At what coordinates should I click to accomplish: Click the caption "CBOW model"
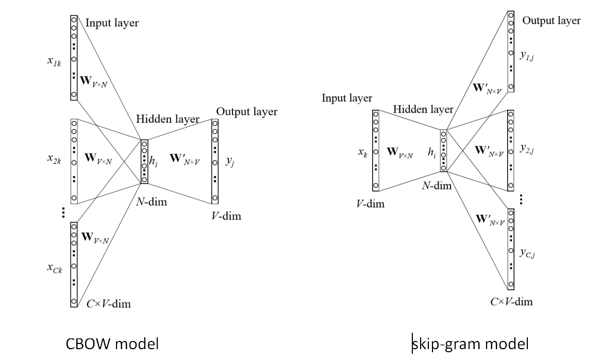[112, 344]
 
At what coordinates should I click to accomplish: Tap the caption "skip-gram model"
[470, 344]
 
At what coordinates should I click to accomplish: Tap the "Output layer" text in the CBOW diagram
[246, 112]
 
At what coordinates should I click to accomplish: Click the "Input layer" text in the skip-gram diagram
[347, 98]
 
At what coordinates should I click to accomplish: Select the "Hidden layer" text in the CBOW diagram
[168, 119]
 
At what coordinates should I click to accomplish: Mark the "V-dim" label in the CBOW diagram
[226, 216]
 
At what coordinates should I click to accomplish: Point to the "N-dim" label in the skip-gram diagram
[437, 186]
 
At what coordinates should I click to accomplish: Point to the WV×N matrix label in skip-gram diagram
[399, 152]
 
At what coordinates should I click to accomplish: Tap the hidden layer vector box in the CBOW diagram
[144, 161]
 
